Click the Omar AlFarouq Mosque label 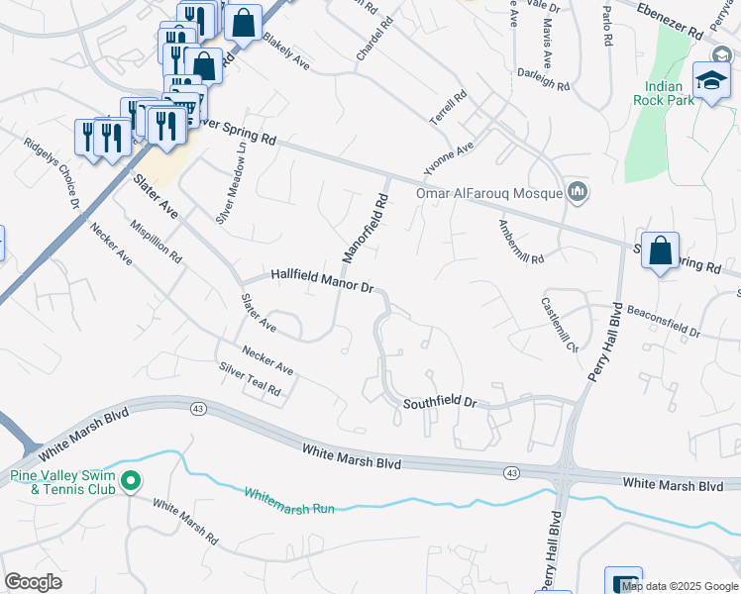click(x=488, y=193)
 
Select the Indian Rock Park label click(x=664, y=92)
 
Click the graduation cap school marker click(x=711, y=80)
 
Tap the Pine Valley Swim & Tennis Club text click(x=61, y=482)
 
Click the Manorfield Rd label click(x=364, y=228)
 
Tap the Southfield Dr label click(x=440, y=404)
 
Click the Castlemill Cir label click(x=559, y=325)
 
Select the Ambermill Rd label click(x=521, y=242)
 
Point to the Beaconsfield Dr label click(x=663, y=321)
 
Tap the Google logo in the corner click(x=33, y=582)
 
